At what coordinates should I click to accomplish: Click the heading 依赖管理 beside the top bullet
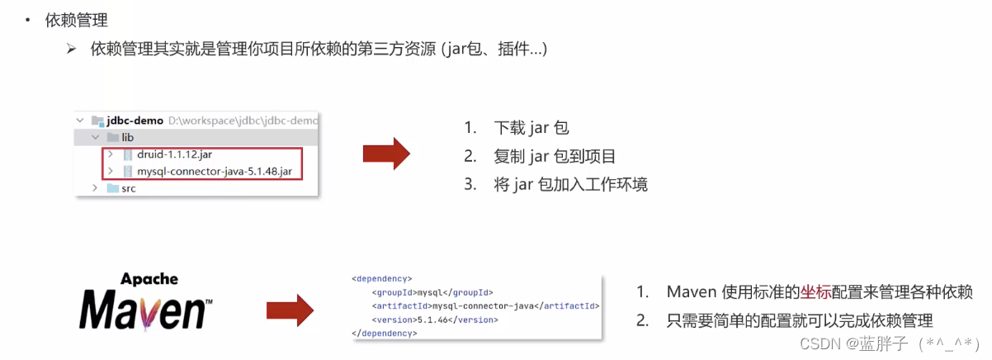pyautogui.click(x=77, y=20)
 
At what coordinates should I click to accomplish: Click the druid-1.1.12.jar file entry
pyautogui.click(x=179, y=154)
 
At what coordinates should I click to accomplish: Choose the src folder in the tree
pyautogui.click(x=128, y=188)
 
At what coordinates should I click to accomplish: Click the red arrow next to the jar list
pyautogui.click(x=386, y=154)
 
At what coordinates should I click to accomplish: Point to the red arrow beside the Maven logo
pyautogui.click(x=290, y=310)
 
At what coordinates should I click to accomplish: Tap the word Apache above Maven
pyautogui.click(x=149, y=279)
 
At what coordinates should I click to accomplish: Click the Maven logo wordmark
pyautogui.click(x=144, y=311)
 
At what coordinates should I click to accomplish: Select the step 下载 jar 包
pyautogui.click(x=531, y=128)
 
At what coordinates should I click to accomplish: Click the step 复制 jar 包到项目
pyautogui.click(x=555, y=156)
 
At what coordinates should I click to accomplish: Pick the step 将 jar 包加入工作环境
pyautogui.click(x=570, y=184)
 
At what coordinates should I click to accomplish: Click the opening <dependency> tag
pyautogui.click(x=381, y=278)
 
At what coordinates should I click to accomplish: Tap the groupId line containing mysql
pyautogui.click(x=433, y=292)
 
